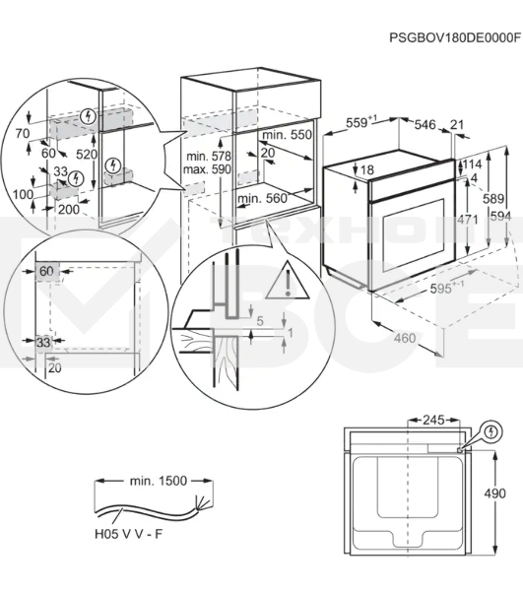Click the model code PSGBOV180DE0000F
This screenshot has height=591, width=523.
[455, 37]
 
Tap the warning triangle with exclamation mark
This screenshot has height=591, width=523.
[288, 281]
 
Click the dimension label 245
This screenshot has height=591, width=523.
[433, 420]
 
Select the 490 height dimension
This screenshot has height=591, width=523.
[493, 493]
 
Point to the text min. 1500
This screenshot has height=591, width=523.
[159, 481]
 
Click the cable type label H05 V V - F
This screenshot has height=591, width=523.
[128, 534]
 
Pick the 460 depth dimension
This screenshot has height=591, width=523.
[405, 338]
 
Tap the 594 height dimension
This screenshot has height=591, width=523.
[500, 217]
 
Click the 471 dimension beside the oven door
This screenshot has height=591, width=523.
[467, 220]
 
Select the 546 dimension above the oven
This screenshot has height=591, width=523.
[425, 124]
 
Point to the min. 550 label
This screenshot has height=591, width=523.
[288, 135]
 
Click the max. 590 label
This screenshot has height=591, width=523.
[207, 169]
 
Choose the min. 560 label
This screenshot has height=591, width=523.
[262, 198]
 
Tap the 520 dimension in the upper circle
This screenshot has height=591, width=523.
[87, 154]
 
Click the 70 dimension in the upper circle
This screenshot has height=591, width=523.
[23, 133]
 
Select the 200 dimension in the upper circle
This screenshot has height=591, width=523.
[69, 209]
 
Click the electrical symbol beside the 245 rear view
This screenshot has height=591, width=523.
[490, 431]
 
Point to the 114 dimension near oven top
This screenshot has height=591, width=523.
[472, 164]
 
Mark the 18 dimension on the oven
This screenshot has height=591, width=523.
[366, 170]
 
